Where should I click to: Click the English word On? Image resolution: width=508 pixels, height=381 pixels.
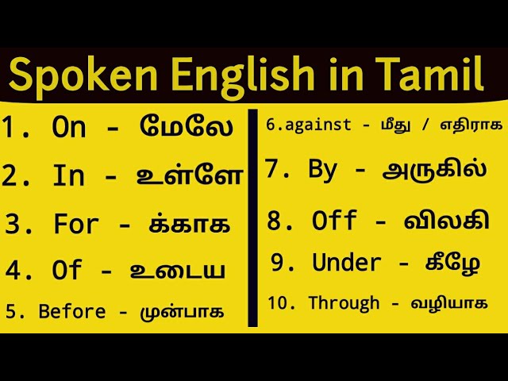click(69, 127)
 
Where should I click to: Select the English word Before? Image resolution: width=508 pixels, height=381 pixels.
click(72, 311)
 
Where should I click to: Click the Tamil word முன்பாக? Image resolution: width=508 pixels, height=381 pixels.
click(183, 311)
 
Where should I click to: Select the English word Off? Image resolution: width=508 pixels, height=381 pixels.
click(336, 221)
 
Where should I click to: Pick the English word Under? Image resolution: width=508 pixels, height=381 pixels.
click(347, 262)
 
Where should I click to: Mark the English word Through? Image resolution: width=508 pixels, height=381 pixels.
click(344, 302)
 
